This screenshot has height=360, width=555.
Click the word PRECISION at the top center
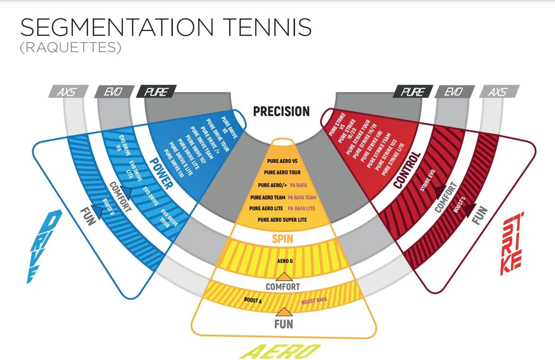coord(281,112)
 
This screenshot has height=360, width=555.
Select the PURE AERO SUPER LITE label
coord(282,220)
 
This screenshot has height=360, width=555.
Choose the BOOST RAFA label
coord(315,301)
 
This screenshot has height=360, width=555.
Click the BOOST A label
coord(253,300)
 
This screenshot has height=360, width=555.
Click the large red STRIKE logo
coord(512,246)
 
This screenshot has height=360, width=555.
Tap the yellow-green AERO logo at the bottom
coord(283,351)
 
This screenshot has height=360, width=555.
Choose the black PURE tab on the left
coord(156,91)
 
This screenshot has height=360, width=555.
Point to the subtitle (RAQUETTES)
coord(71,48)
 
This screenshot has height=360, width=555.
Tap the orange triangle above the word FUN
coord(284,312)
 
